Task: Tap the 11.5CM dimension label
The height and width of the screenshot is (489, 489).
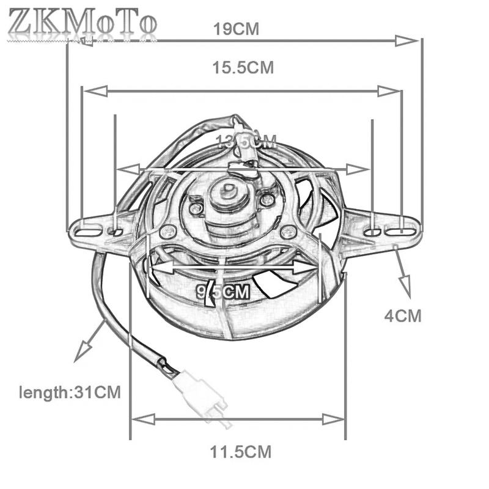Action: (x=240, y=452)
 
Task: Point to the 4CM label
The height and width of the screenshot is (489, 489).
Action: (x=402, y=316)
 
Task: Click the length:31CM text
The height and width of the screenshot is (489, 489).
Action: (x=69, y=391)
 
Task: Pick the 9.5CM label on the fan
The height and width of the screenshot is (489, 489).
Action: (x=224, y=292)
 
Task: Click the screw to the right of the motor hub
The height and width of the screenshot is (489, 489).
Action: (x=267, y=199)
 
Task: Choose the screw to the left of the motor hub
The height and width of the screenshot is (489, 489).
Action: (x=195, y=209)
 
